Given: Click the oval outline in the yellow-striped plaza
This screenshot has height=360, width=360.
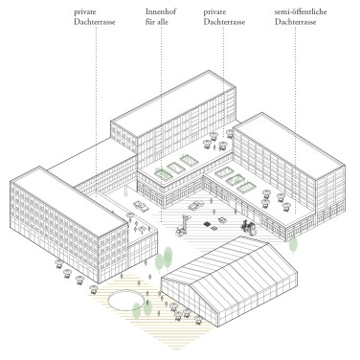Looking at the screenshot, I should pyautogui.click(x=128, y=303).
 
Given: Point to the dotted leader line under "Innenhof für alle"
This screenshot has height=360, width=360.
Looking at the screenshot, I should pyautogui.click(x=161, y=96).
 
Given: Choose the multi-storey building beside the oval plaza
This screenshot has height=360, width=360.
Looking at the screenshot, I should pyautogui.click(x=67, y=225).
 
